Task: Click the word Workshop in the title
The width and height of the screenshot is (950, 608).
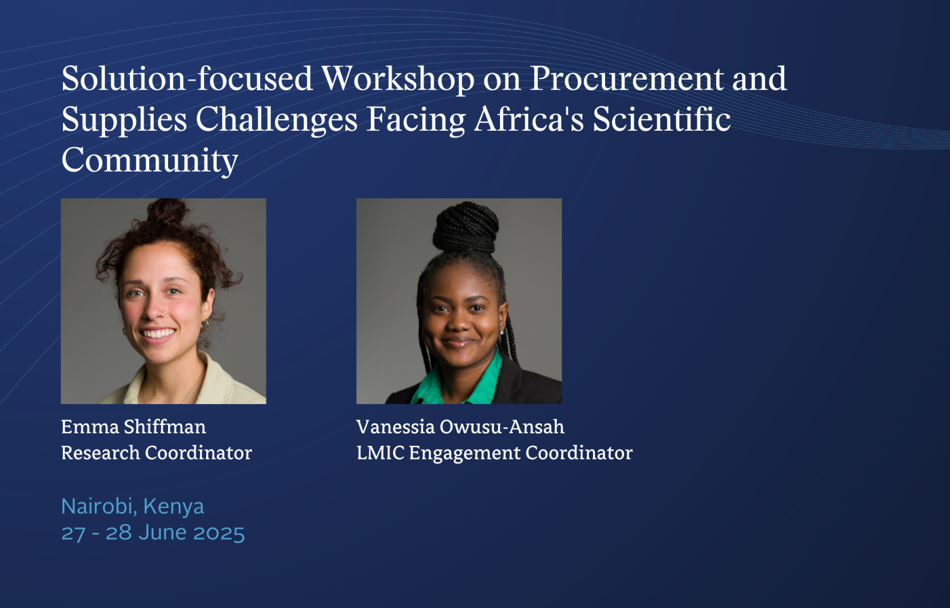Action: pos(398,79)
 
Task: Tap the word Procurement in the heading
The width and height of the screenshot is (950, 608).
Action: pos(627,79)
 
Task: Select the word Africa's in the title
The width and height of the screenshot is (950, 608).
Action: pos(529,119)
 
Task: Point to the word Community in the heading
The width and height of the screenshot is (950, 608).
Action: pos(149,161)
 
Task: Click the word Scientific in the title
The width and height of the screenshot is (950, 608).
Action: pos(661,119)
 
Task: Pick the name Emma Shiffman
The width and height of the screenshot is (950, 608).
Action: pos(134,427)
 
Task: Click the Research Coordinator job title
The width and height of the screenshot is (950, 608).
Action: pos(157,453)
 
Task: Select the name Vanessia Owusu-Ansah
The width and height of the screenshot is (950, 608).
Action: pos(461,427)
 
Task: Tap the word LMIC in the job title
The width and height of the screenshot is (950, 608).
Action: pos(381,453)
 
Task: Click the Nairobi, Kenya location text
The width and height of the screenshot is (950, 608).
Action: pos(133,506)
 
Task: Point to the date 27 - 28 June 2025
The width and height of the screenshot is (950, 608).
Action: pos(153,533)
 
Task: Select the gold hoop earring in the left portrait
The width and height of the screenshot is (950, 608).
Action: pos(205,325)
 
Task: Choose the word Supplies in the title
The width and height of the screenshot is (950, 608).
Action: pos(124,120)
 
